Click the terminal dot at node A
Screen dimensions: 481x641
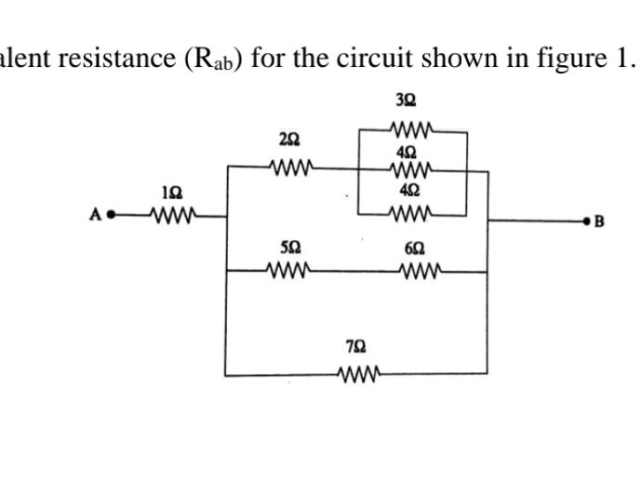tap(111, 220)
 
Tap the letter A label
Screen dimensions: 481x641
tap(95, 220)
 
